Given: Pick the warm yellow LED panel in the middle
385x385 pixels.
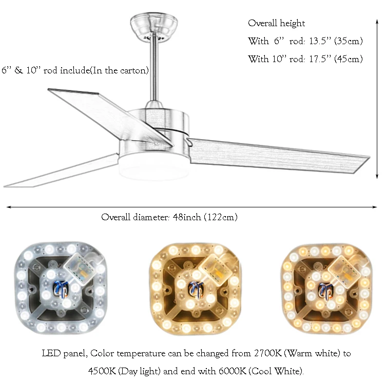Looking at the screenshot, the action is (195, 288).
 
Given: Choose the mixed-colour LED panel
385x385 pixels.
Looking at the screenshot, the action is (327, 289).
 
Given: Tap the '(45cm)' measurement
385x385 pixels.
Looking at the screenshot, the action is (349, 59).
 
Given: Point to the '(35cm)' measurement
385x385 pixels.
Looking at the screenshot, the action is (349, 41).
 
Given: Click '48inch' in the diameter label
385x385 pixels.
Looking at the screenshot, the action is (187, 217).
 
